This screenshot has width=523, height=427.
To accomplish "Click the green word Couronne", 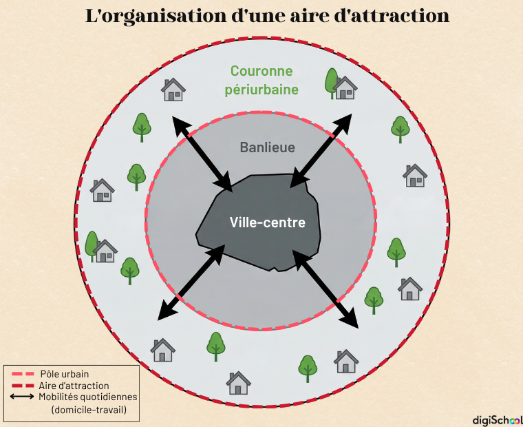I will point(261,71).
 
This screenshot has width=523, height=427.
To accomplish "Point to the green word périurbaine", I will point(261,90).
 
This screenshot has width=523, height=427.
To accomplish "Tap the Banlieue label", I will point(267,147).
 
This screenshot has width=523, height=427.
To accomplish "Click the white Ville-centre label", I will point(267,223).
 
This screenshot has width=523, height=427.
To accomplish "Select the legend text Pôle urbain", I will point(64,374).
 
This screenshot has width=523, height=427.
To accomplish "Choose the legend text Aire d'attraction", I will point(74,386).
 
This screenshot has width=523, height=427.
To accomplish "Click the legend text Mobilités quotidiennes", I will point(88,397).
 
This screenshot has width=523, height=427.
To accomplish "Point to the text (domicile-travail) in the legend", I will point(88,410).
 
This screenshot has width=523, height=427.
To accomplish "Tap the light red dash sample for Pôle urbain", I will point(23,374).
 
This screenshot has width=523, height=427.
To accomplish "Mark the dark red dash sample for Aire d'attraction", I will point(23,386).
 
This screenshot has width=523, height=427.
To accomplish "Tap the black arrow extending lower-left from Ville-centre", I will point(191,282).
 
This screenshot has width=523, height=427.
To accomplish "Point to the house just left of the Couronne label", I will point(173,90).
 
